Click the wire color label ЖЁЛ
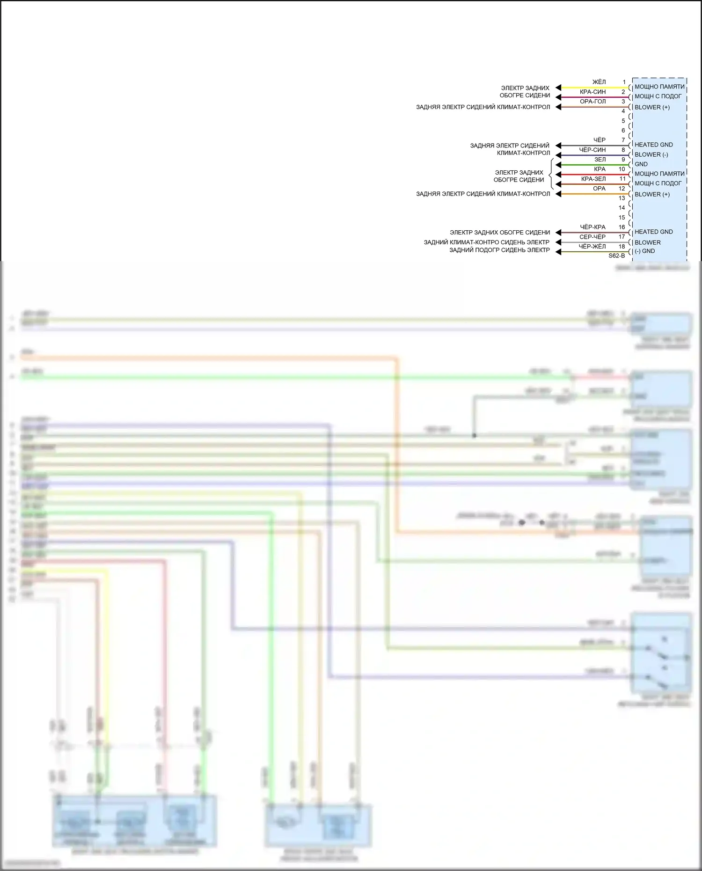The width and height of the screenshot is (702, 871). pos(599,82)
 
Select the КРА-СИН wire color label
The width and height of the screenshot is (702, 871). pos(592,92)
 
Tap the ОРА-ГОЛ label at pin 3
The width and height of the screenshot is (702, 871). pos(592,102)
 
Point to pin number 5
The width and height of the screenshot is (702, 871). pos(623,121)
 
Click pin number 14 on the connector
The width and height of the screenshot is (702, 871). pos(622,208)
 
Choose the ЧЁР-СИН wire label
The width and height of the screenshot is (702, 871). pos(592,150)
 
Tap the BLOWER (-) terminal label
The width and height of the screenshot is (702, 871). pos(651,154)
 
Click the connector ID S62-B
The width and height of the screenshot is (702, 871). pos(616,256)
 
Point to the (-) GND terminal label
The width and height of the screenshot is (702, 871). pos(644,251)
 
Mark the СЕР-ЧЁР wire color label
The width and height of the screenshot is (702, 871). pos(592,237)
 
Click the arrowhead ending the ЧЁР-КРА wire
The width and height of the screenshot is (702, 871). pos(558,233)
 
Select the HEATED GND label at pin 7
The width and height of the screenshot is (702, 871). pos(653,145)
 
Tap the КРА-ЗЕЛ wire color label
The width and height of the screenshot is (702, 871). pos(593,179)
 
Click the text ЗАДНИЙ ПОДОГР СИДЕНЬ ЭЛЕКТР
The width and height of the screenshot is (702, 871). pos(499,250)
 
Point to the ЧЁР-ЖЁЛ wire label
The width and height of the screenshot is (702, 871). pos(592,247)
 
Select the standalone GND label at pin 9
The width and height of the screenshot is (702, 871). pos(641,164)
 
